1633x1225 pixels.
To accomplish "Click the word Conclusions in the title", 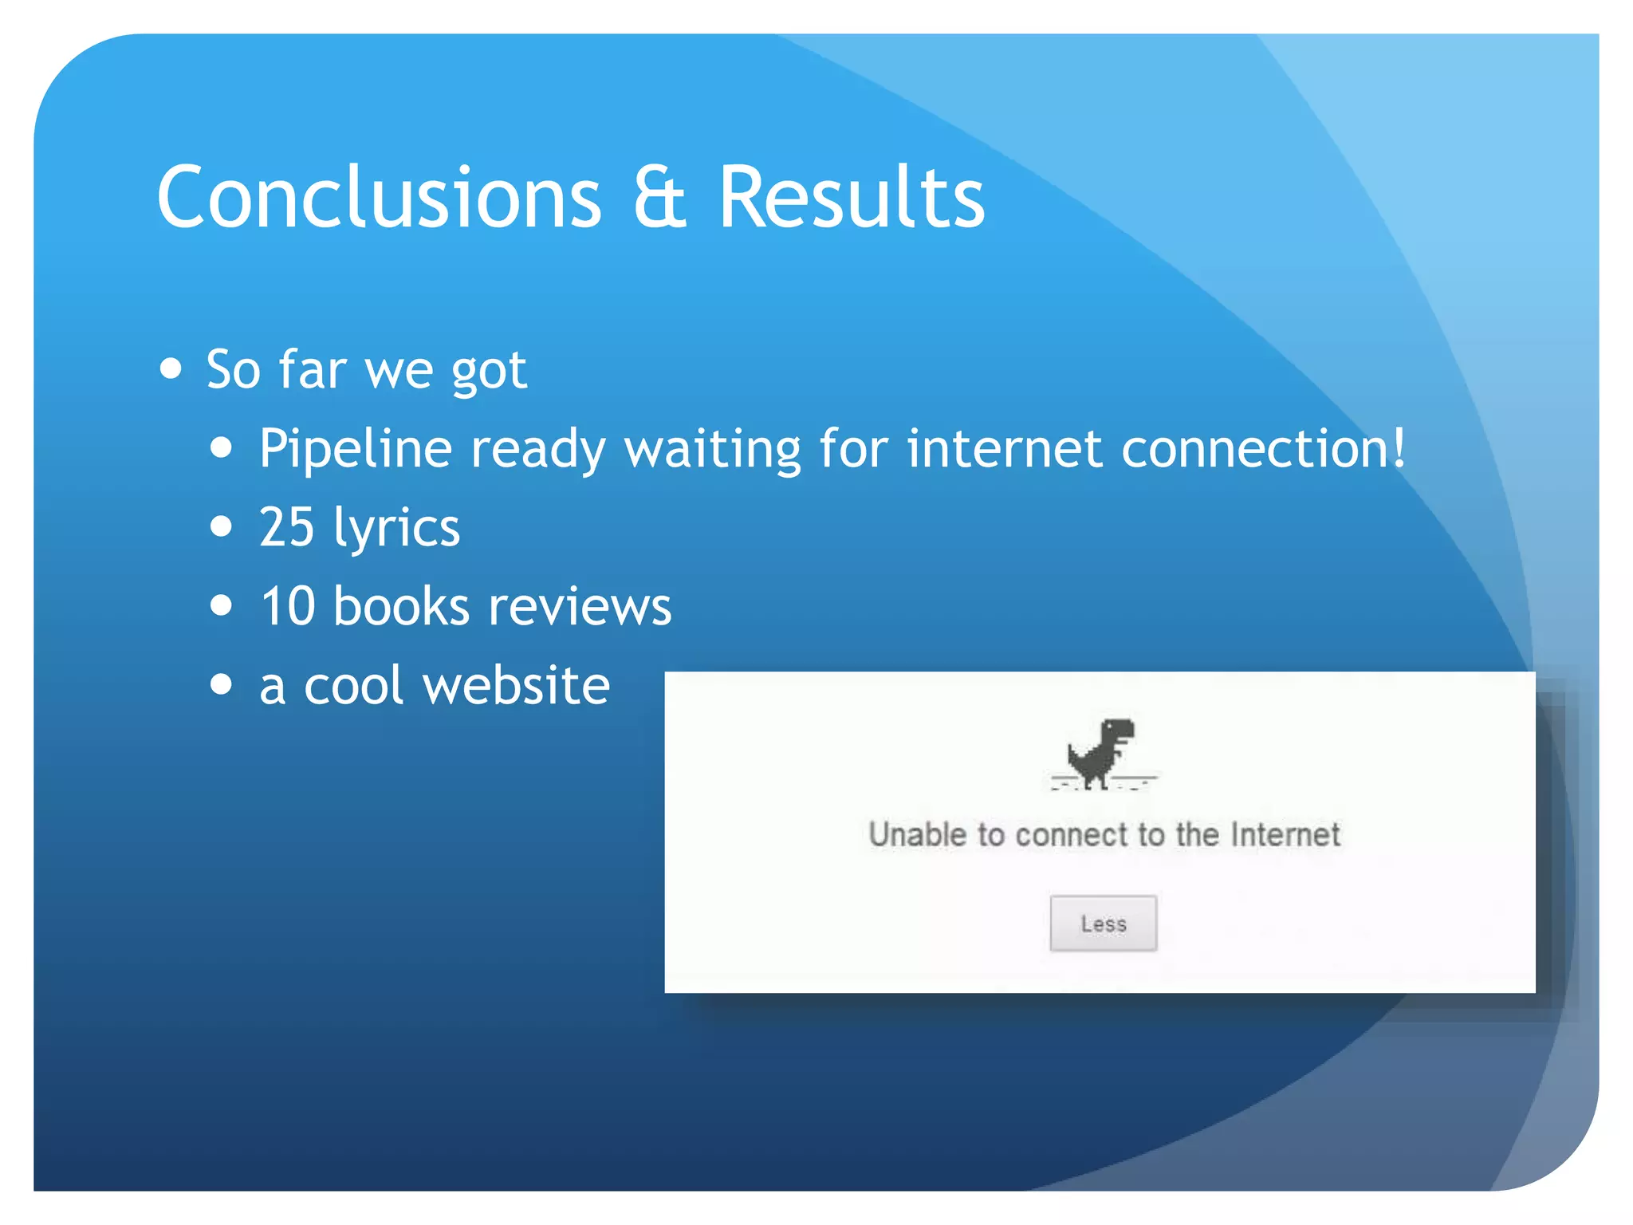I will click(x=379, y=197).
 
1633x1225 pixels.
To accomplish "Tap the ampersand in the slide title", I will click(x=659, y=197).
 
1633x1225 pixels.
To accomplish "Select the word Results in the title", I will click(x=852, y=197).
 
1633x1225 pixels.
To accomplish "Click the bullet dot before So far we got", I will click(x=171, y=369).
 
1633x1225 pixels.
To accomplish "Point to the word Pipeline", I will click(x=356, y=449).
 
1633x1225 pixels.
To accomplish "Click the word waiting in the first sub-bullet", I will click(x=712, y=449).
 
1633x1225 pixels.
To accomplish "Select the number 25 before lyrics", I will click(x=287, y=527).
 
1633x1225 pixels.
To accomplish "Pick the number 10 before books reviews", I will click(x=288, y=606).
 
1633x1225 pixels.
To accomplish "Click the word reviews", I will click(x=580, y=606).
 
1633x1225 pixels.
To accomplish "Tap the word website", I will click(x=517, y=685).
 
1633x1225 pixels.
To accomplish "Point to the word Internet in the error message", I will click(x=1285, y=835).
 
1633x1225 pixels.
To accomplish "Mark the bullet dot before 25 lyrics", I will click(x=222, y=527).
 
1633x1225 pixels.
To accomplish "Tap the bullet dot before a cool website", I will click(x=222, y=684).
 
